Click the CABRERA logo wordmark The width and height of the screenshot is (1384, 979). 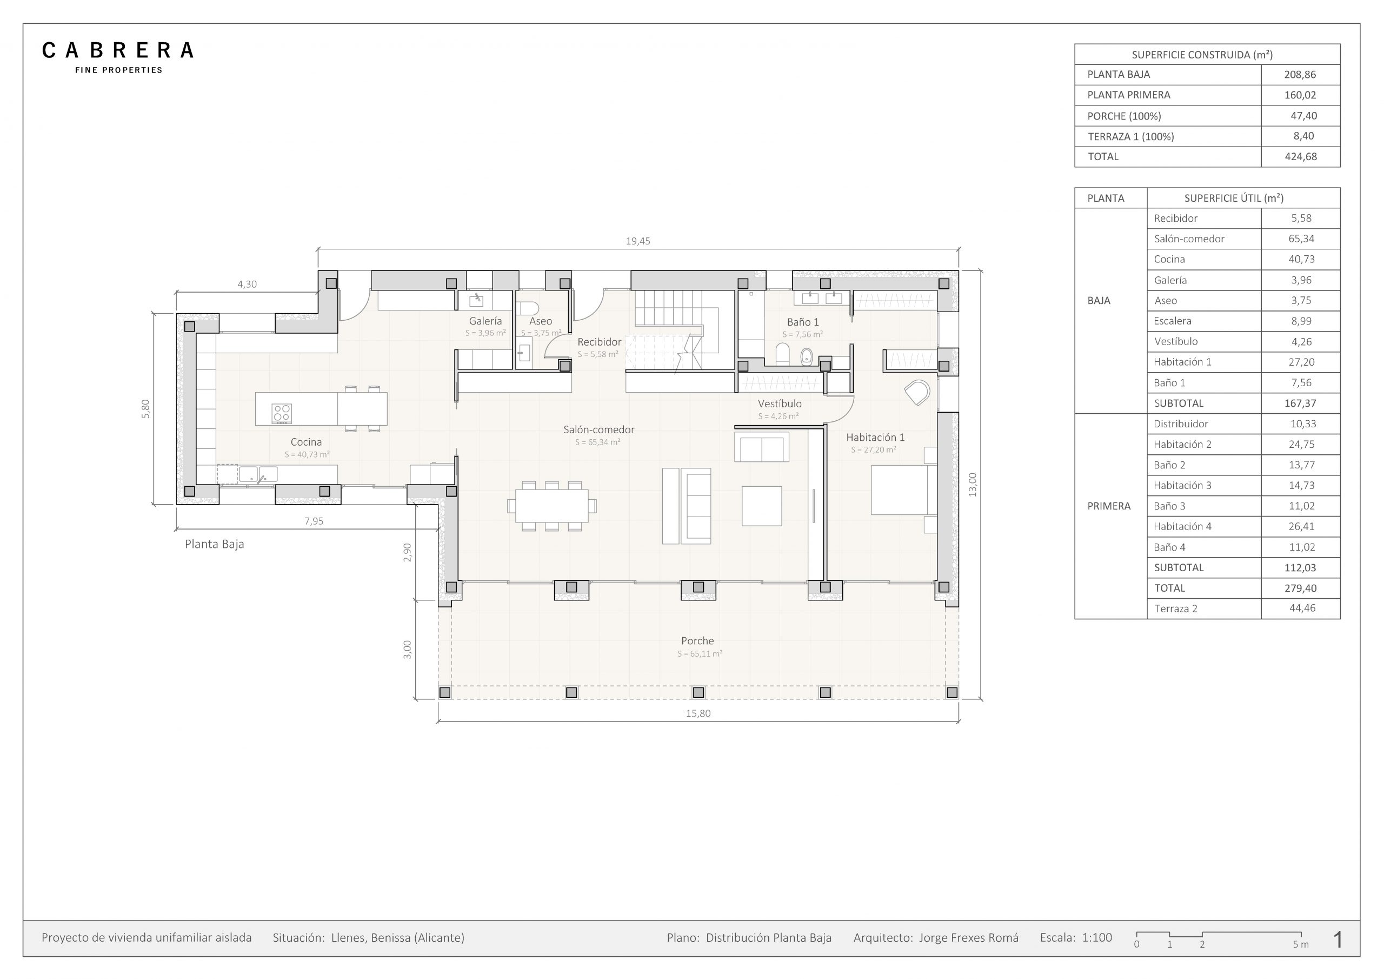point(117,50)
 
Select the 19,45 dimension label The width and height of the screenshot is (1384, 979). point(638,241)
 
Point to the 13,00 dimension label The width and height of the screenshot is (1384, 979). point(972,485)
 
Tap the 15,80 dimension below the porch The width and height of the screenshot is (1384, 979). point(698,713)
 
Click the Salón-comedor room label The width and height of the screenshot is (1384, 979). point(598,429)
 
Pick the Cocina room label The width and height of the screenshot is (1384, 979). point(305,442)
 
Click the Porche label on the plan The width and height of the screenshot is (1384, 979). point(697,640)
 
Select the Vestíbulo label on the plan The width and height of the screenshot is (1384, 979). point(780,403)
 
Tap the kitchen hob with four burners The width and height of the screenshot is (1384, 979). point(282,413)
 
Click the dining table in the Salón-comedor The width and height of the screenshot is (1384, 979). point(552,506)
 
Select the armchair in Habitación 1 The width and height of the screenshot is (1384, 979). point(917,393)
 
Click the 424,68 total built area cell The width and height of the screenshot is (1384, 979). point(1300,157)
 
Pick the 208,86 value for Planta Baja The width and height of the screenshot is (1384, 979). point(1300,75)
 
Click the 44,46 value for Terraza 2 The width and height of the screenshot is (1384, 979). point(1302,608)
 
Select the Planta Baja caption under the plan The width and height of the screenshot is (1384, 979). point(214,544)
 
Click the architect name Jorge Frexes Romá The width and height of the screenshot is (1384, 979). point(969,938)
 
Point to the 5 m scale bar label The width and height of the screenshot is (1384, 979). point(1300,944)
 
